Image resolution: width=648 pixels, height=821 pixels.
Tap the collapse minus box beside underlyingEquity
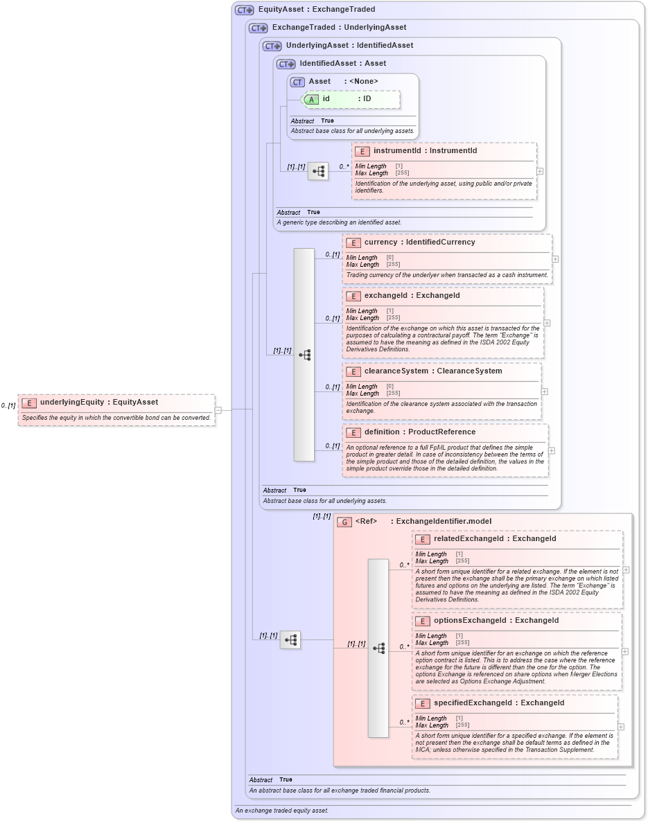click(218, 409)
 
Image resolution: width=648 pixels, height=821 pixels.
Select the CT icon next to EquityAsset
click(245, 10)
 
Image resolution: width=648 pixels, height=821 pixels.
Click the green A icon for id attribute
click(311, 99)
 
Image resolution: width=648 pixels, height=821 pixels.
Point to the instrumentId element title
click(415, 150)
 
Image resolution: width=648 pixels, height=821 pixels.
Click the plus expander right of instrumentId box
click(540, 171)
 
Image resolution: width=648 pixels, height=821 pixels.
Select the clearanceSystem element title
click(423, 371)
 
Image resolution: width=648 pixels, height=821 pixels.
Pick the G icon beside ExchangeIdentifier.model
click(344, 522)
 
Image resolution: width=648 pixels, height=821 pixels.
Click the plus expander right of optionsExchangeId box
click(625, 651)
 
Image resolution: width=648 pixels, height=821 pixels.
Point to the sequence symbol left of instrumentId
click(318, 171)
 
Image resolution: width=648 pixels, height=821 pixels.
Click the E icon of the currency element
click(353, 242)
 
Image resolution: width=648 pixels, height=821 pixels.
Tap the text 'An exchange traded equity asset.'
click(281, 811)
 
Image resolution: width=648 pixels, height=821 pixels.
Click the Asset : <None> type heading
click(343, 82)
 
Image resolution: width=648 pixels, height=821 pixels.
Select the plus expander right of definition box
click(552, 450)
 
